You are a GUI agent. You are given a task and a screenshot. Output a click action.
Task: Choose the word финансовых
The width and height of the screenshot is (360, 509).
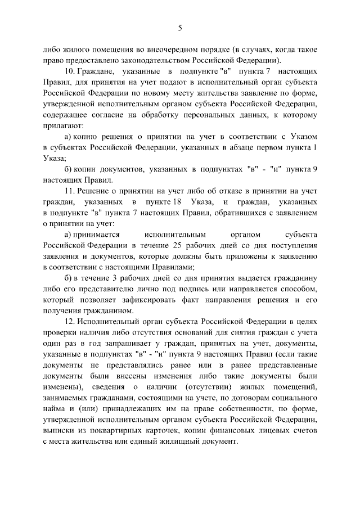(227, 431)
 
